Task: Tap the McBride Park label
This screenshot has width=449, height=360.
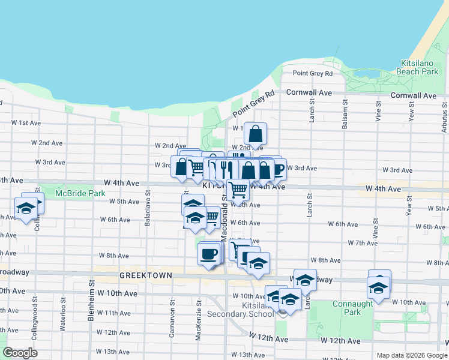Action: [80, 193]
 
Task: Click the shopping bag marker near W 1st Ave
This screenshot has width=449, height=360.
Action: [255, 134]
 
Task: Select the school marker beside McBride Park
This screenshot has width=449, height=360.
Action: [26, 208]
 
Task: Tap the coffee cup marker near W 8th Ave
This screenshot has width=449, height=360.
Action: [208, 254]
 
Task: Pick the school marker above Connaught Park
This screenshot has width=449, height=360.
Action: [379, 287]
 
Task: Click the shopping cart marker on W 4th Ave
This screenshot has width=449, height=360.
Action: [238, 190]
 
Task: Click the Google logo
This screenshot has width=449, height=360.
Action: [20, 353]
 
